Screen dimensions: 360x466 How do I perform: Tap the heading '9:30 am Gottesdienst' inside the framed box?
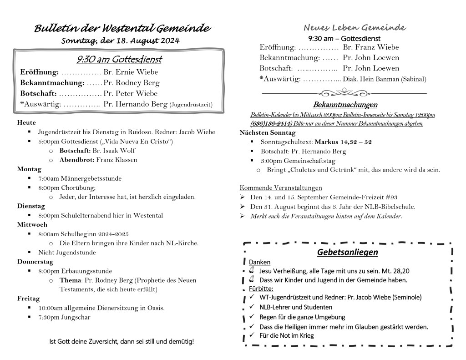[x=119, y=60]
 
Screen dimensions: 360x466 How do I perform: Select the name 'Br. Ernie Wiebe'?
[x=124, y=72]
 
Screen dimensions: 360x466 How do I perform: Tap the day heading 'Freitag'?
[x=28, y=299]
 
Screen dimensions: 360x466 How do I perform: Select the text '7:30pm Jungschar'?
[x=64, y=317]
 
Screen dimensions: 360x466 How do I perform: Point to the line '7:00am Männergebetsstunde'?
[x=80, y=178]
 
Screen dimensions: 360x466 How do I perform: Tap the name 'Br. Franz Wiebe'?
[x=370, y=47]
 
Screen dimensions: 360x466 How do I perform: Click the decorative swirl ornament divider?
[x=344, y=93]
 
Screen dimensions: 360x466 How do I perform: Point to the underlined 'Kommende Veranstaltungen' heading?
[x=281, y=188]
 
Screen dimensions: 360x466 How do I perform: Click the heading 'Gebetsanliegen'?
[x=348, y=252]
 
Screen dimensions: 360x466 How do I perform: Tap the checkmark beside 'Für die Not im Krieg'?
[x=251, y=335]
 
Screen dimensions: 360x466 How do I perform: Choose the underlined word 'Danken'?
[x=259, y=262]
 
